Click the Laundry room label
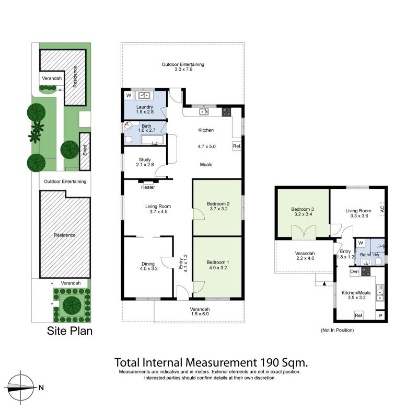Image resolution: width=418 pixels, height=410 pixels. (x=145, y=107)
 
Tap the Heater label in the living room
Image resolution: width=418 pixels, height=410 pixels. (x=148, y=187)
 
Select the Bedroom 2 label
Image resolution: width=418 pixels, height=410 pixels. (x=218, y=204)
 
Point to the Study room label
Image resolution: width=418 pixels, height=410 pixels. (x=145, y=160)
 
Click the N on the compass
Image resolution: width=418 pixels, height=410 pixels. (x=41, y=388)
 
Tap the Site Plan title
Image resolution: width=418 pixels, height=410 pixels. (x=70, y=331)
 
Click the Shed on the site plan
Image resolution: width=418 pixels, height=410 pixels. (x=85, y=151)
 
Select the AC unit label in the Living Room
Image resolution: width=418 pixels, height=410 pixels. (x=382, y=208)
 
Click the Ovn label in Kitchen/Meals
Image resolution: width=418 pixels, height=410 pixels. (x=354, y=271)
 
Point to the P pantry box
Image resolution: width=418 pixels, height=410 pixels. (x=380, y=315)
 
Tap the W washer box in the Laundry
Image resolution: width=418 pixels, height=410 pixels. (x=129, y=96)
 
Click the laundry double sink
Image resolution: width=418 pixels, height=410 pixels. (x=144, y=95)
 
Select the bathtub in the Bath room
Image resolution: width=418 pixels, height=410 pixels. (x=152, y=140)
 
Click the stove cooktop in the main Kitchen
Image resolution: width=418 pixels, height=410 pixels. (x=226, y=112)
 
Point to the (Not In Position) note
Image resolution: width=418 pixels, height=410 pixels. (x=337, y=330)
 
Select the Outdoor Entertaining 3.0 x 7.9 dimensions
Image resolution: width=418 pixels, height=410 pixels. (x=183, y=70)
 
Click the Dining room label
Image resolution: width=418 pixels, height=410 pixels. (x=148, y=264)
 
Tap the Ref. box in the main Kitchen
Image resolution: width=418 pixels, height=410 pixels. (x=237, y=146)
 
